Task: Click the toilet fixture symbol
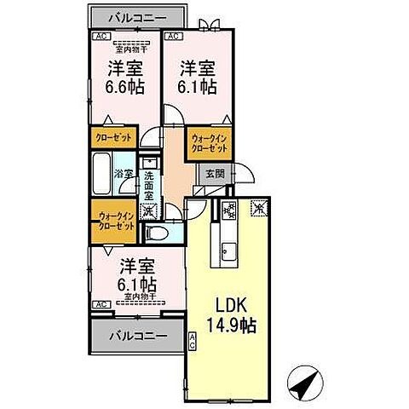pos(156,231)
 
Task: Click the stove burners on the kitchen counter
pos(228,210)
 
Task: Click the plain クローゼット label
pos(112,137)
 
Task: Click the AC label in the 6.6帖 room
pos(100,37)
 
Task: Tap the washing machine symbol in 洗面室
pos(149,210)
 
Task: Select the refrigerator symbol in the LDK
pos(257,207)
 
